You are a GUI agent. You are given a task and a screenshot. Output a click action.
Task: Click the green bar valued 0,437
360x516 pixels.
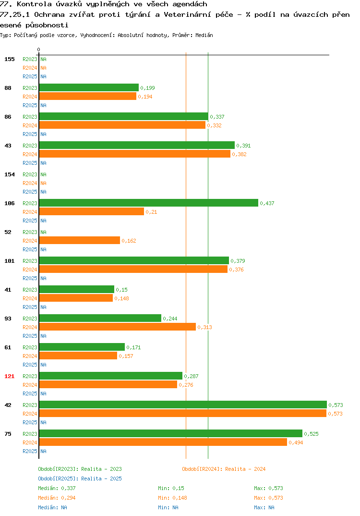click(x=149, y=203)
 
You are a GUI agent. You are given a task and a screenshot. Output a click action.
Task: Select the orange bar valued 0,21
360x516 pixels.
click(x=92, y=211)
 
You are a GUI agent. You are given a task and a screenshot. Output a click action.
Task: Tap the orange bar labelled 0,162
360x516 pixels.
click(x=80, y=241)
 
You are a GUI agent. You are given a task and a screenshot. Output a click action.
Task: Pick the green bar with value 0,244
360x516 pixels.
click(x=100, y=318)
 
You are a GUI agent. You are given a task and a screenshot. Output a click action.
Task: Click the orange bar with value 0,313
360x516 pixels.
click(x=118, y=327)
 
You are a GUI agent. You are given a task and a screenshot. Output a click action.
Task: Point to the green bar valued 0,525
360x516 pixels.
click(x=171, y=433)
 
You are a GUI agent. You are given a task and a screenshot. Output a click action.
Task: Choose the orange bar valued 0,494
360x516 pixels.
click(x=163, y=442)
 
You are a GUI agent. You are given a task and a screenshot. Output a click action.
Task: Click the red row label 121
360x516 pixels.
click(x=10, y=376)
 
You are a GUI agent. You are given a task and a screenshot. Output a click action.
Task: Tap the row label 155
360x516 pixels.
click(x=10, y=59)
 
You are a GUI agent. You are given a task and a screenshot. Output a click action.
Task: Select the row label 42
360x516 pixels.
click(x=8, y=405)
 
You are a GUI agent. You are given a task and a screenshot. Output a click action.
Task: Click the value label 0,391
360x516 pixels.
click(x=243, y=146)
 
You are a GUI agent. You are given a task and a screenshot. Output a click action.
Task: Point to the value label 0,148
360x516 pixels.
click(x=121, y=298)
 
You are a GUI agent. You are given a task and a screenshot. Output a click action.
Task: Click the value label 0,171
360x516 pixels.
click(x=133, y=347)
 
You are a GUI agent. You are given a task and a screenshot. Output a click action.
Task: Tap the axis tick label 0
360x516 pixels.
click(x=38, y=49)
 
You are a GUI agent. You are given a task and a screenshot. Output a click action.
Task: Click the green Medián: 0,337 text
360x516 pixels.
click(x=57, y=488)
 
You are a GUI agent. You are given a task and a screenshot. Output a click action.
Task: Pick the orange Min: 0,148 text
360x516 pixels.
click(x=172, y=498)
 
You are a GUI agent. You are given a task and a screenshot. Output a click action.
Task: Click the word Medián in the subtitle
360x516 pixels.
click(x=204, y=35)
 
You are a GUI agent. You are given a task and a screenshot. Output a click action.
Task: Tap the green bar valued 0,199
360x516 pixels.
click(x=89, y=87)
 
